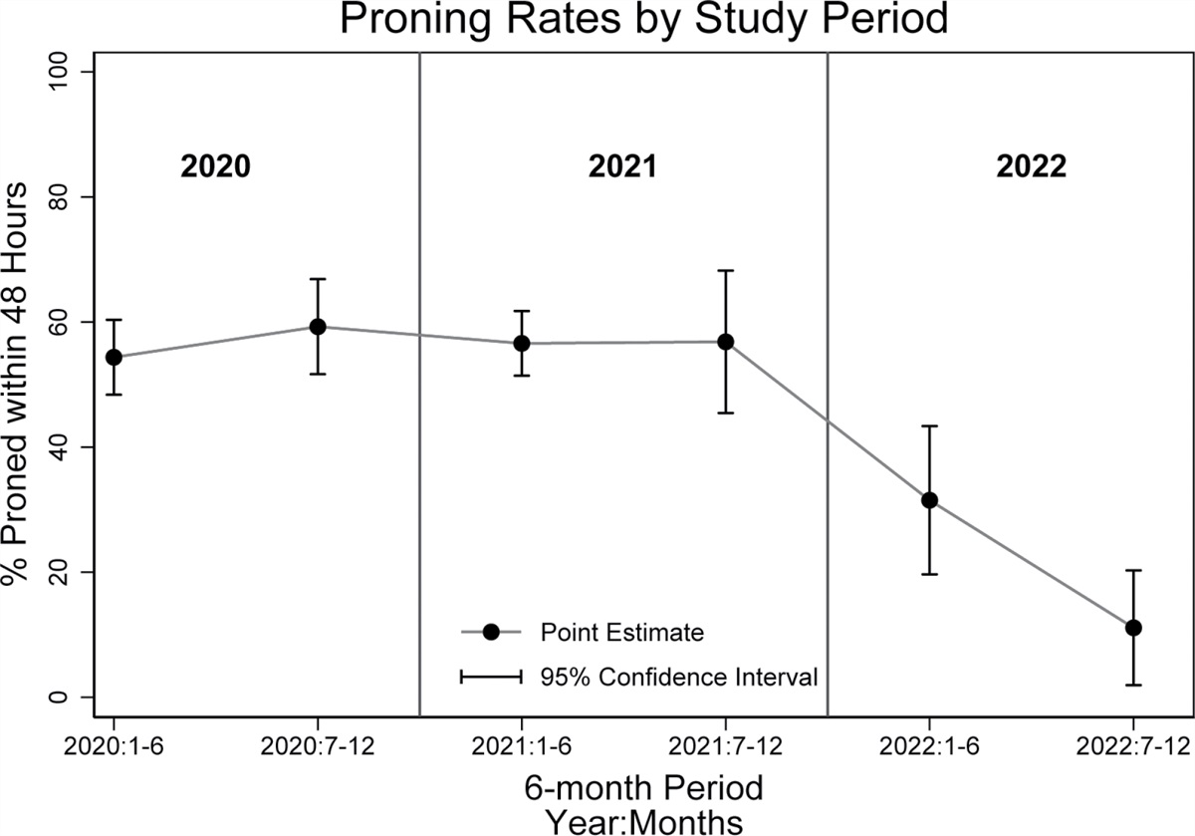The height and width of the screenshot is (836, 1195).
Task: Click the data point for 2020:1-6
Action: coord(114,357)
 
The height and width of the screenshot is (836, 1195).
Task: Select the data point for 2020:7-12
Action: coord(318,327)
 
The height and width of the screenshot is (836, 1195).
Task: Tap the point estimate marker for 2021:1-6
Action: coord(522,343)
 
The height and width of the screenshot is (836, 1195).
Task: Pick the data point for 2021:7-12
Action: coord(726,342)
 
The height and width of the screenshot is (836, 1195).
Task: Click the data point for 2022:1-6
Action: coord(929,500)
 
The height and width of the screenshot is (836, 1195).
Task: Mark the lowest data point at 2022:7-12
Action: coord(1133,627)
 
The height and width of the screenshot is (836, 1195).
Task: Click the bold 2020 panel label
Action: coord(214,166)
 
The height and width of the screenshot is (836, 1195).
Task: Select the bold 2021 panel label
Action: coord(623,166)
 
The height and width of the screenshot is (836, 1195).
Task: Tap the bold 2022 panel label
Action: coord(1032,166)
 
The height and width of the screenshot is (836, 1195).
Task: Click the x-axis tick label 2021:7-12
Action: coord(726,746)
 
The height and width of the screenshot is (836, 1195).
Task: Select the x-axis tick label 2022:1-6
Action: coord(929,746)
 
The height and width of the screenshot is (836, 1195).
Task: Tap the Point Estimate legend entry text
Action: coord(622,632)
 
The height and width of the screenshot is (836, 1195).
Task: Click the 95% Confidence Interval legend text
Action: coord(679,678)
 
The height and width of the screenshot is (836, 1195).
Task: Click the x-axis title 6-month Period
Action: coord(643,788)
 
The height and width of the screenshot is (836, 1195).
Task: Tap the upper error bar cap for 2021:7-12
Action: coord(726,270)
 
